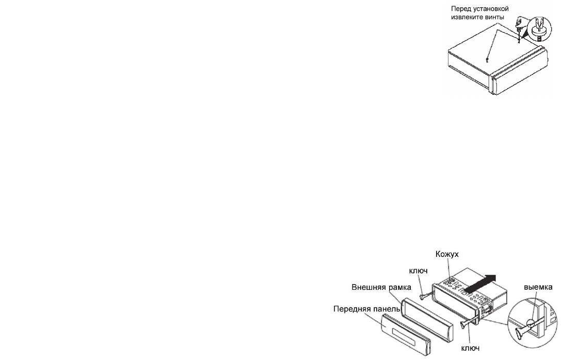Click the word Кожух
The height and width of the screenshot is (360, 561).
point(447,254)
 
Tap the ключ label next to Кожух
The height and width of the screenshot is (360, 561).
point(418,271)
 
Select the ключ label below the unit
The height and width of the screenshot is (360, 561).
point(470,348)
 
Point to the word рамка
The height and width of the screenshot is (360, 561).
point(399,288)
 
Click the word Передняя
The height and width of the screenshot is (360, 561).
point(350,309)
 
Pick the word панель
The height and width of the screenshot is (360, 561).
point(386,309)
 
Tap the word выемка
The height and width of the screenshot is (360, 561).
point(538,287)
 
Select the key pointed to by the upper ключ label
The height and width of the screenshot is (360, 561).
point(426,296)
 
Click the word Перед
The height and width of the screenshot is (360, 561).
point(460,9)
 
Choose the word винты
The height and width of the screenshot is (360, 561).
point(494,17)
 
